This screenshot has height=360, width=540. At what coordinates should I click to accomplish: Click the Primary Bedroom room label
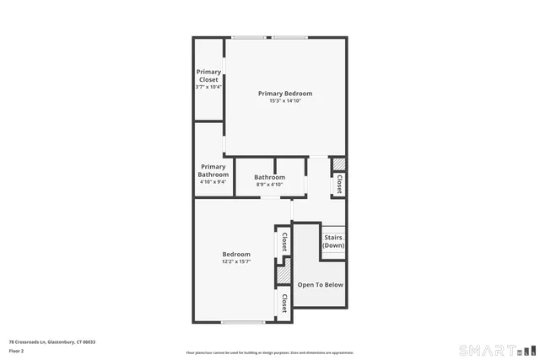pos(285,94)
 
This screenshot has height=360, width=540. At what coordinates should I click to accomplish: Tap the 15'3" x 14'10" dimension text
pos(285,101)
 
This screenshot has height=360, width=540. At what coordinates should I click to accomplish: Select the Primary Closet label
pos(208,76)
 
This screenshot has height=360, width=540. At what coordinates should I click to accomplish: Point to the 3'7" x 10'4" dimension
pos(208,87)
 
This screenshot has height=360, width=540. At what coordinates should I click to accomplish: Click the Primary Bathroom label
pos(213,170)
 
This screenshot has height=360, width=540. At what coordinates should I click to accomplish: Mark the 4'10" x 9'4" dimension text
pos(213,181)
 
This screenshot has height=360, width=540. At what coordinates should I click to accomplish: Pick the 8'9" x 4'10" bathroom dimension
pos(270,185)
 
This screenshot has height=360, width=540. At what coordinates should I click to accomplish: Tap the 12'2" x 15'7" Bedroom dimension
pos(236,261)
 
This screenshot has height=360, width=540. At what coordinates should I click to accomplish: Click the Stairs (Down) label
pos(332,241)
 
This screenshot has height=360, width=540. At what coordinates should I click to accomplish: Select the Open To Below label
pos(321,285)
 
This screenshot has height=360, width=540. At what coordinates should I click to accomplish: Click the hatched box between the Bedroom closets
pos(283,276)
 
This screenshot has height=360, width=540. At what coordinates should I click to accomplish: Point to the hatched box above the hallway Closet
pos(337,164)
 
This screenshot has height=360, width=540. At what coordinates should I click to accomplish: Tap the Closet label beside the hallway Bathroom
pos(338,184)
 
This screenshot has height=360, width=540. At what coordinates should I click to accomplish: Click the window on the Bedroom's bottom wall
pos(237,321)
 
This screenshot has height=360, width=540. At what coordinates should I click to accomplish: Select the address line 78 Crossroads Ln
pos(51,341)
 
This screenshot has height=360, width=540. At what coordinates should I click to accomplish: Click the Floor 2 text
pos(17,350)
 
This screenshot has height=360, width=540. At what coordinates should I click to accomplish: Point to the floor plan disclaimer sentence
pos(269,352)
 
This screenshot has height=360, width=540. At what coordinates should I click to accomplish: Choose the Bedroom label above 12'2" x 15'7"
pos(236,254)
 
